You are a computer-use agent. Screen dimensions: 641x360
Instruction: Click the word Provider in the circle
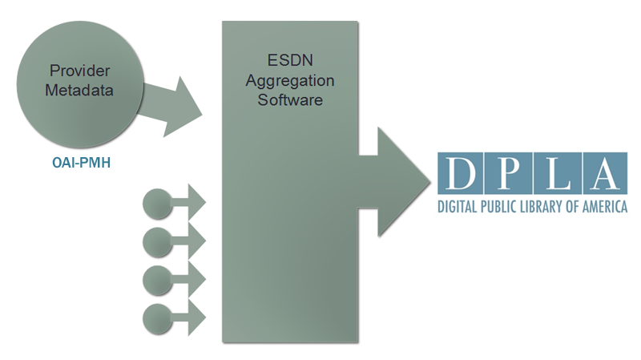pyautogui.click(x=79, y=71)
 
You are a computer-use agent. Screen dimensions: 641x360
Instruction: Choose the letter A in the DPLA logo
pyautogui.click(x=601, y=172)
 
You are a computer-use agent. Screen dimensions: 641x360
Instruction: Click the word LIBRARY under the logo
pyautogui.click(x=541, y=208)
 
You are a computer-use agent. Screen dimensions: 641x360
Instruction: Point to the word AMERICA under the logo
pyautogui.click(x=605, y=208)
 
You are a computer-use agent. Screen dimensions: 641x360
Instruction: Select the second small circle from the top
pyautogui.click(x=156, y=241)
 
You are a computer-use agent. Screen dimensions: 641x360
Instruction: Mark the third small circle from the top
pyautogui.click(x=156, y=279)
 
